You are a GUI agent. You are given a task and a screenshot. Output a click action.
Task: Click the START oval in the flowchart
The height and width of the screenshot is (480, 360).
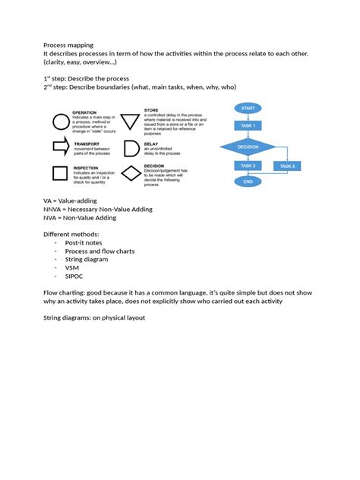[x=248, y=109]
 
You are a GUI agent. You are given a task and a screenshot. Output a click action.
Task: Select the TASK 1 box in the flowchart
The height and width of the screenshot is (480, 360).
[x=248, y=125]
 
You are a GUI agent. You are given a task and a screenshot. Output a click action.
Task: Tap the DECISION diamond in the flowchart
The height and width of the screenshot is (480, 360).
[x=248, y=146]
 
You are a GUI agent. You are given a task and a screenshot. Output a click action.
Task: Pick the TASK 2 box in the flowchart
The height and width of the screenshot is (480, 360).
[x=248, y=166]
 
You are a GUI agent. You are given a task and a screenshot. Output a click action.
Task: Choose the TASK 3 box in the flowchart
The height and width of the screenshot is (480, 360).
[x=287, y=166]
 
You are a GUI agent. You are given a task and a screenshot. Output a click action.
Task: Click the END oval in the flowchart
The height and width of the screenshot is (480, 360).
[x=248, y=182]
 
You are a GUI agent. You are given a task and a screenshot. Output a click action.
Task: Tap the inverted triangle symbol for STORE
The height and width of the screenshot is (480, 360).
[x=130, y=122]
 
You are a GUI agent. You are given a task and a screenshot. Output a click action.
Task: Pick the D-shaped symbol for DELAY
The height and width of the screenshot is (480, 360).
[x=131, y=147]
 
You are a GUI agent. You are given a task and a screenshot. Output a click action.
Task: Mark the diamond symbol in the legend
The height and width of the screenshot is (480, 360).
[x=131, y=173]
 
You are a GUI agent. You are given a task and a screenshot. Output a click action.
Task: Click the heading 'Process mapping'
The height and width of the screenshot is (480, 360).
[x=68, y=45]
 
